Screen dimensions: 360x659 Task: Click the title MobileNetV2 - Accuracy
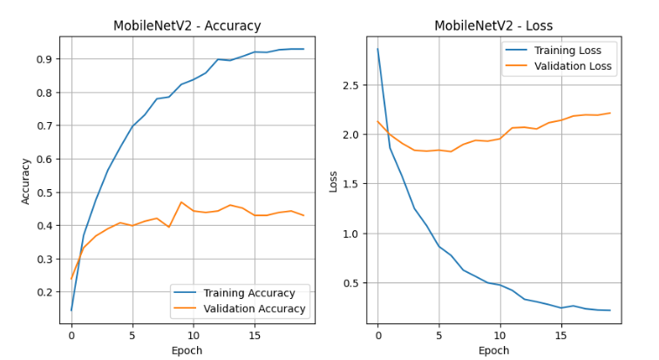[x=187, y=25]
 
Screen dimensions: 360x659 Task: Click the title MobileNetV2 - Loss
[x=493, y=25]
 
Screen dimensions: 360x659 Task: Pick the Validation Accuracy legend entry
[x=254, y=309]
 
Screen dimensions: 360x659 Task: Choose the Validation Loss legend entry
[x=572, y=66]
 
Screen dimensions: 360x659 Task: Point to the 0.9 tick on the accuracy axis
[x=44, y=59]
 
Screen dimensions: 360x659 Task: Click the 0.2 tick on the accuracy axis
[x=44, y=292]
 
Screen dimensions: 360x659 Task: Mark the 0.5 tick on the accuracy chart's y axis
[x=44, y=193]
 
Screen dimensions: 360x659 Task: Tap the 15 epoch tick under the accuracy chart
[x=254, y=335]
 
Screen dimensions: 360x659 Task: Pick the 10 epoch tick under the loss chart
[x=499, y=335]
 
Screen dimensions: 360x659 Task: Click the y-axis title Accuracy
[x=25, y=180]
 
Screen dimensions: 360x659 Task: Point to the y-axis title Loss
[x=333, y=180]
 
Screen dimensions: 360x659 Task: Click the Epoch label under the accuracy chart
[x=187, y=350]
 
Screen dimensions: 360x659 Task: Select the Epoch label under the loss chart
[x=493, y=350]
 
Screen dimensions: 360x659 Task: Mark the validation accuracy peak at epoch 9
[x=181, y=202]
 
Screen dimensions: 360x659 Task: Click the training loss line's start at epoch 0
[x=377, y=49]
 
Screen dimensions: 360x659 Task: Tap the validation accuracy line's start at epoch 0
[x=71, y=279]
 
